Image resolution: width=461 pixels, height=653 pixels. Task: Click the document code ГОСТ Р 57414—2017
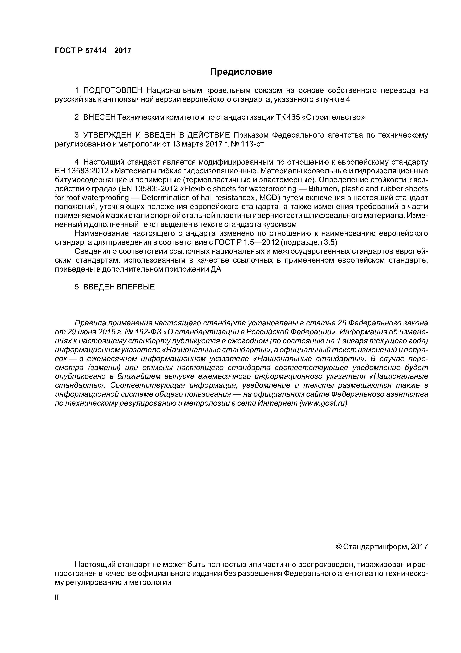coord(93,51)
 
